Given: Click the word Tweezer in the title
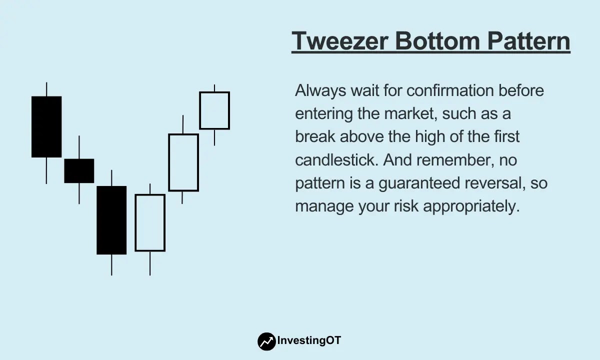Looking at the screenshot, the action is pyautogui.click(x=340, y=41).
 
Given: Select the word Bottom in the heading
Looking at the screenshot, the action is pyautogui.click(x=437, y=41).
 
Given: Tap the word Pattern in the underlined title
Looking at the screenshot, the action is pyautogui.click(x=529, y=41).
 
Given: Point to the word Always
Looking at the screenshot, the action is pyautogui.click(x=320, y=91).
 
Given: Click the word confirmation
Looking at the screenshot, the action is pyautogui.click(x=450, y=90).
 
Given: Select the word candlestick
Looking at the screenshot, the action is pyautogui.click(x=336, y=160).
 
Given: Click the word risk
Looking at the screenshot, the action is pyautogui.click(x=406, y=206).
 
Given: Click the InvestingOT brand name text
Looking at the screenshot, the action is pyautogui.click(x=309, y=340).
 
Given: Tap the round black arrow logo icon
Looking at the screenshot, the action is pyautogui.click(x=266, y=341).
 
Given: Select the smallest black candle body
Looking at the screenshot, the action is pyautogui.click(x=79, y=171).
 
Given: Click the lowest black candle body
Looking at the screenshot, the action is pyautogui.click(x=111, y=220).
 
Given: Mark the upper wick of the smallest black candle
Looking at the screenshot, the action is pyautogui.click(x=79, y=147).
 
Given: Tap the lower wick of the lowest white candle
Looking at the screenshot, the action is pyautogui.click(x=150, y=263).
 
